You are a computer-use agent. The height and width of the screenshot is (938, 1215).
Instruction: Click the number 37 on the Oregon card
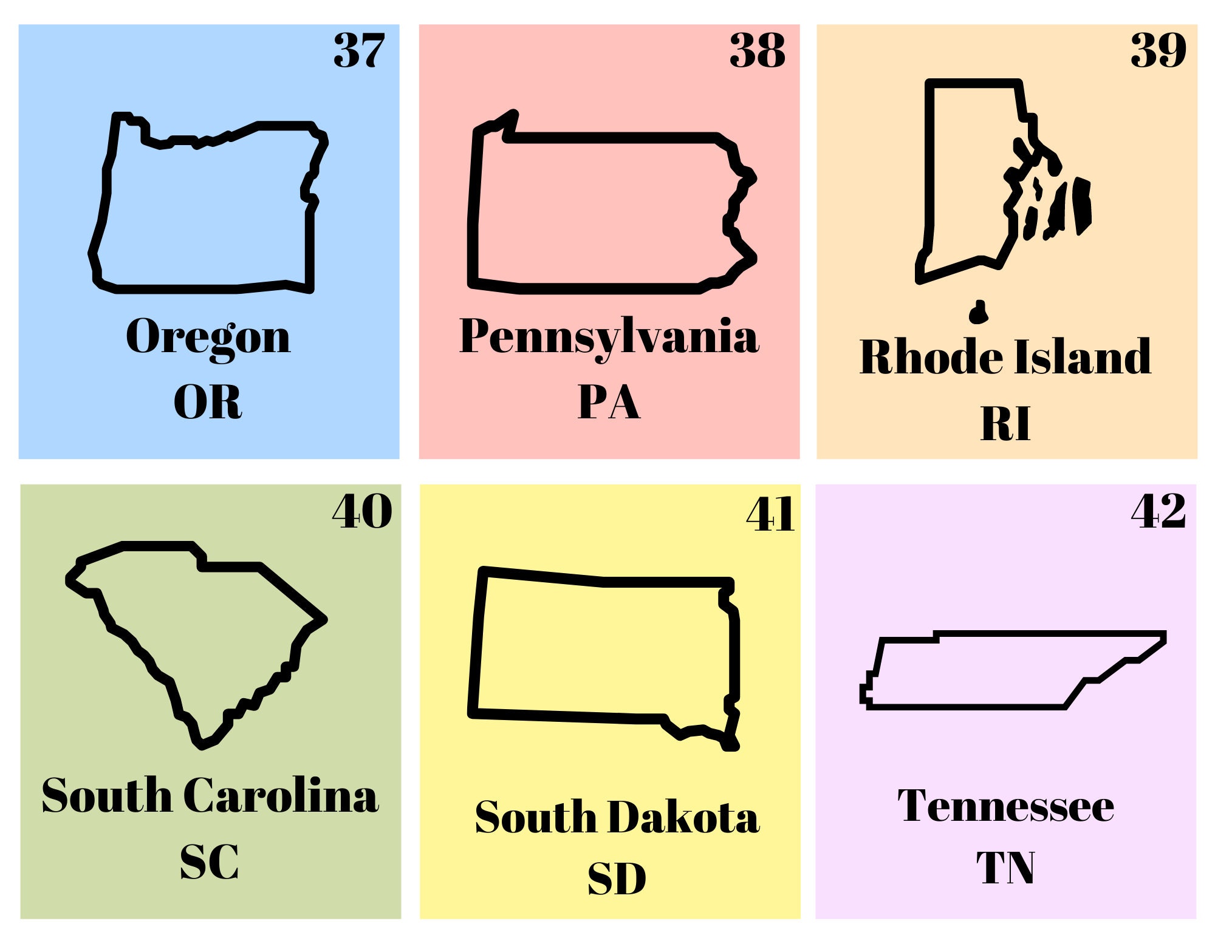point(359,50)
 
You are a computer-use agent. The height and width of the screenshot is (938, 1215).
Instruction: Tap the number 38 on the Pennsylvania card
point(758,50)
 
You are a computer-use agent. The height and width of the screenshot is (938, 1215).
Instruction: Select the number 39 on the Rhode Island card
point(1158,50)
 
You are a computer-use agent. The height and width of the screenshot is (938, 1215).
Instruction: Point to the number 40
point(362,512)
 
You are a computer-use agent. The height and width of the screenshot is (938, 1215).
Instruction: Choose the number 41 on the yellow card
point(770,515)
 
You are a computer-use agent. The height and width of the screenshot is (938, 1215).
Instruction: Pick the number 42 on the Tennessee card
point(1158,512)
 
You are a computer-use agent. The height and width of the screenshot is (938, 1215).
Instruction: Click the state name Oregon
point(208,337)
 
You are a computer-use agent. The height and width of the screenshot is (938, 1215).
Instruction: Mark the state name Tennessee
point(1006,806)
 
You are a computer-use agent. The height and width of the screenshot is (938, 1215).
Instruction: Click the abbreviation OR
point(208,402)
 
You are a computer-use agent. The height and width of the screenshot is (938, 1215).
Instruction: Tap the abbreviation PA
point(609,402)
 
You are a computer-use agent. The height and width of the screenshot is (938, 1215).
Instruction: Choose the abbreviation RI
point(1005,424)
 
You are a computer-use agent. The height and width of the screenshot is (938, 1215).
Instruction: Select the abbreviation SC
point(210,862)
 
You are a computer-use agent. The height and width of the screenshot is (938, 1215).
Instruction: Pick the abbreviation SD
point(617,879)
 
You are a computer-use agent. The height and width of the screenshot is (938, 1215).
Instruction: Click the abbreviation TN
point(1005,868)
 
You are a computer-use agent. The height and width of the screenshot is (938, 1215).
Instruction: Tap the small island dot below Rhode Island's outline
point(978,312)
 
